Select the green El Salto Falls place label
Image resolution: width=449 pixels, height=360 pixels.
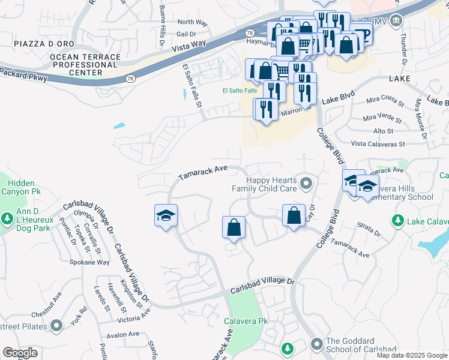pyautogui.click(x=240, y=91)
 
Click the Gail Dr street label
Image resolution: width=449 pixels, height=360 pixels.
pyautogui.click(x=187, y=34)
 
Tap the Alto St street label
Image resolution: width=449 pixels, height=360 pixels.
pyautogui.click(x=383, y=131)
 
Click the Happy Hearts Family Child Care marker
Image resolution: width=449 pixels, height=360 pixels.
pyautogui.click(x=307, y=183)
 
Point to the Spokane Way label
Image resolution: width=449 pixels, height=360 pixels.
pyautogui.click(x=89, y=262)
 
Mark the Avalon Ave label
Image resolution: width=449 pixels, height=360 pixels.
pyautogui.click(x=122, y=334)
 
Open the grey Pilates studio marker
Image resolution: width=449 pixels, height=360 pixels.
pyautogui.click(x=57, y=326)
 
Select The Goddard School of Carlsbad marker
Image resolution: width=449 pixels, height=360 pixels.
pyautogui.click(x=318, y=344)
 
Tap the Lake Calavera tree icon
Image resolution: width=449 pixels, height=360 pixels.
pyautogui.click(x=397, y=221)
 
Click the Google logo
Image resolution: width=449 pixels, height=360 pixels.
pyautogui.click(x=20, y=352)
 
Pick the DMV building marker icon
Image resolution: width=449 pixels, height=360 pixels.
pyautogui.click(x=396, y=22)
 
